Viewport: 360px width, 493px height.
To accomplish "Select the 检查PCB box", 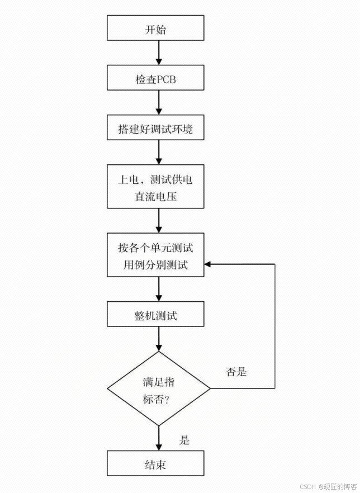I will pyautogui.click(x=155, y=79).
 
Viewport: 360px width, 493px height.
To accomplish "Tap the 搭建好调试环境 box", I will pyautogui.click(x=155, y=129).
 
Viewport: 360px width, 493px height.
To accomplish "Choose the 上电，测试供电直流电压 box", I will pyautogui.click(x=155, y=186).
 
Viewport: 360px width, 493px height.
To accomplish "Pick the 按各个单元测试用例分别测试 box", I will pyautogui.click(x=155, y=255).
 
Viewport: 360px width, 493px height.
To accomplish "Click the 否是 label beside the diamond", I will pyautogui.click(x=236, y=372).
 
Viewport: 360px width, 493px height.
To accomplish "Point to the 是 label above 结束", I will pyautogui.click(x=184, y=440).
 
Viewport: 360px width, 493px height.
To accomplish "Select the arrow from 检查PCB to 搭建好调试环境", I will pyautogui.click(x=159, y=104).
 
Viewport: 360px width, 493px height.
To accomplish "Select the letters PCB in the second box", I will pyautogui.click(x=165, y=79).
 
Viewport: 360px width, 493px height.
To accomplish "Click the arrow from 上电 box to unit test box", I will pyautogui.click(x=159, y=221).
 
